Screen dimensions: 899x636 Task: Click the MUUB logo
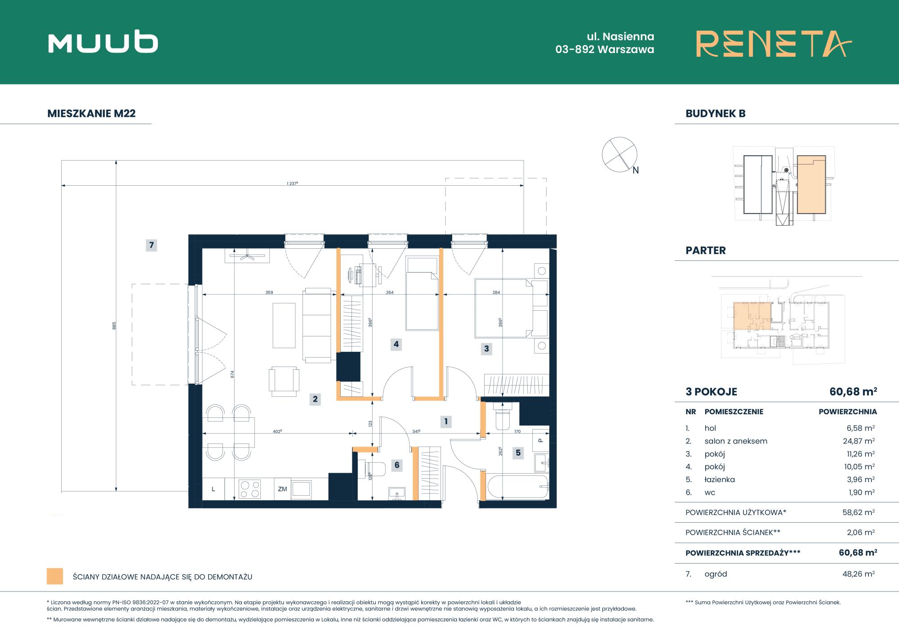tap(103, 43)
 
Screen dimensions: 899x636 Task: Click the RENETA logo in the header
tap(774, 44)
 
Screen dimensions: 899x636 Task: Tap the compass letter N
tap(636, 170)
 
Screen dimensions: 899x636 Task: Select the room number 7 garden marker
tap(151, 245)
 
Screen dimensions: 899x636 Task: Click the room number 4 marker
tap(396, 345)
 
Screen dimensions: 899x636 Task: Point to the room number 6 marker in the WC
tap(397, 465)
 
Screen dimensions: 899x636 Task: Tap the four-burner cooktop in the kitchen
tap(250, 489)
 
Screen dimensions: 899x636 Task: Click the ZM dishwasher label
tap(282, 489)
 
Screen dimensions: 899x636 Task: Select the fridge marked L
tap(214, 489)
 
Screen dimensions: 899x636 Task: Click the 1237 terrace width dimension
tap(293, 184)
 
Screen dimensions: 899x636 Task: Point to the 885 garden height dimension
tap(114, 325)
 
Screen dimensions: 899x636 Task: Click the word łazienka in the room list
tap(720, 479)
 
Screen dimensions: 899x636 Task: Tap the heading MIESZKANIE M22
tap(91, 113)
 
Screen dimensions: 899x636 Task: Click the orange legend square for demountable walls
tap(55, 577)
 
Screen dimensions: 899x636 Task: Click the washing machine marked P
tap(541, 440)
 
